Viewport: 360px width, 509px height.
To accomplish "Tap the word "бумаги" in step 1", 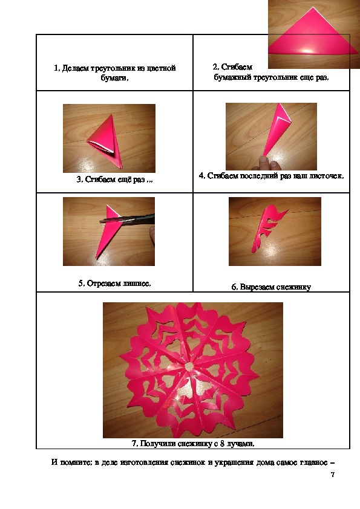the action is coord(114,78).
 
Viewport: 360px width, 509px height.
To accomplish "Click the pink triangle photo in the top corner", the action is coord(313,34).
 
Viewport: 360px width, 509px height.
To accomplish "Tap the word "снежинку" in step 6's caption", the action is coord(296,287).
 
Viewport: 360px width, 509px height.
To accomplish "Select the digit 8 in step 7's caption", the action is coord(222,444).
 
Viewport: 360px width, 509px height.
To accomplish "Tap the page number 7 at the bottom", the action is coord(333,475).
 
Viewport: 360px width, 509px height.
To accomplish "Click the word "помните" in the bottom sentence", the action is coord(76,462).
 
